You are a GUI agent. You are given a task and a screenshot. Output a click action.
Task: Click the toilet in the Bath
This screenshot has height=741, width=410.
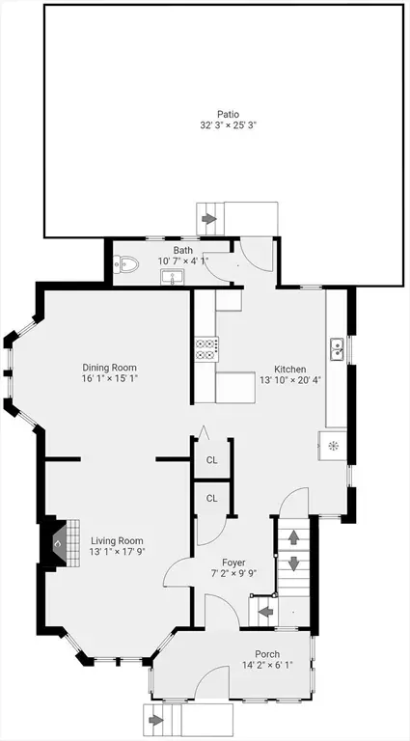(x=125, y=264)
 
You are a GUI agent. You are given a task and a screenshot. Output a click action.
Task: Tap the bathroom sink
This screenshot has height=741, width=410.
(x=173, y=277)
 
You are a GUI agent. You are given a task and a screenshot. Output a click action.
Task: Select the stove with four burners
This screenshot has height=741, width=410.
(x=206, y=349)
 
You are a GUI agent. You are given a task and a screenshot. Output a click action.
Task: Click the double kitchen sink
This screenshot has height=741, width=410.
(x=337, y=349)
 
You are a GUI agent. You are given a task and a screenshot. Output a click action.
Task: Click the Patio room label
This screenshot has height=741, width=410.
(x=228, y=114)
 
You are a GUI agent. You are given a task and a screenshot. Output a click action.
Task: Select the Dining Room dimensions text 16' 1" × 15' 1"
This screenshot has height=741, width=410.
(x=110, y=378)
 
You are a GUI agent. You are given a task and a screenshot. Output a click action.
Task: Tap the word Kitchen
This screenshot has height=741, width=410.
(x=290, y=370)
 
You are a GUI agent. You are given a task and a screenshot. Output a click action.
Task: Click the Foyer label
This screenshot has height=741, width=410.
(x=233, y=563)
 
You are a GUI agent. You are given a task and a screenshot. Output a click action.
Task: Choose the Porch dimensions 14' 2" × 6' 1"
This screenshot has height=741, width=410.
(x=267, y=665)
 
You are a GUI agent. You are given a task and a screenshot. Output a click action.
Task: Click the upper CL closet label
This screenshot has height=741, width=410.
(x=212, y=460)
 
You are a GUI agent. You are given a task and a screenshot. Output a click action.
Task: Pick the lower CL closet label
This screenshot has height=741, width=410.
(x=212, y=498)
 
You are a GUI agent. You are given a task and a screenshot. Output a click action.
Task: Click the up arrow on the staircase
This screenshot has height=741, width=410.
(x=294, y=537)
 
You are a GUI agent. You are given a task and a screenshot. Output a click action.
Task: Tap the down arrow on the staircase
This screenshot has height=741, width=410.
(x=294, y=563)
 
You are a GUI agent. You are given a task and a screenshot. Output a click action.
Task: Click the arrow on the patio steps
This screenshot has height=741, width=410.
(x=208, y=219)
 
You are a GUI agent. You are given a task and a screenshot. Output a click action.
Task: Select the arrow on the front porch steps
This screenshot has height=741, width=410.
(x=156, y=720)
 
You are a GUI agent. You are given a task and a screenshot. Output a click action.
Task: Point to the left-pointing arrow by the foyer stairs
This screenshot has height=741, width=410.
(x=266, y=612)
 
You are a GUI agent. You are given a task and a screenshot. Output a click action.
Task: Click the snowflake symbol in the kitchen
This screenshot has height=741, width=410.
(x=333, y=445)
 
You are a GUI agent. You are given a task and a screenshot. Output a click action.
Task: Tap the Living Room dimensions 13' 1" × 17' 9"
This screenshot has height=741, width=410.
(x=117, y=551)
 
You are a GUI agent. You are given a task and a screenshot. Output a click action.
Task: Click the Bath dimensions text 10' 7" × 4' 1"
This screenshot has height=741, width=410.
(x=182, y=261)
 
